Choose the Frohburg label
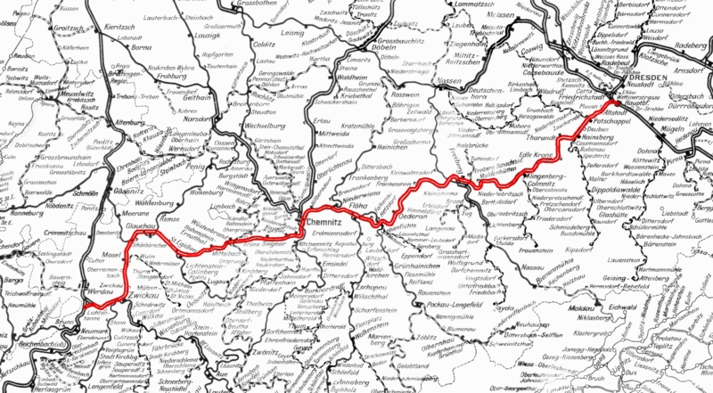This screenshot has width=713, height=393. [x=179, y=75]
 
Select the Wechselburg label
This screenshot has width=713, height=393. [x=239, y=126]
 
